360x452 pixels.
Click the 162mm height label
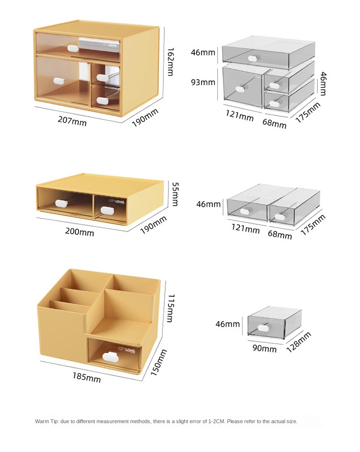(170, 61)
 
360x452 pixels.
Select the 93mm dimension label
(203, 82)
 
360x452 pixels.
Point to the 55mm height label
(175, 194)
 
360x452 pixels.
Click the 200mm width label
(80, 232)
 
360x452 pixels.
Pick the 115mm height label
(171, 308)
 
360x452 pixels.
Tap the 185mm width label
(87, 378)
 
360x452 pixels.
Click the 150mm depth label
(159, 362)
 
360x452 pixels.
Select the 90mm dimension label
(264, 348)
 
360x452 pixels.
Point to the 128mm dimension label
(299, 342)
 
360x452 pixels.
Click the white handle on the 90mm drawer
(264, 328)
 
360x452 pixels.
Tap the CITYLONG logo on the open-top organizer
(126, 350)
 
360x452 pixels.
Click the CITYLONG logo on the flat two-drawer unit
(116, 201)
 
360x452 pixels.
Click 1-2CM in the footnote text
(216, 421)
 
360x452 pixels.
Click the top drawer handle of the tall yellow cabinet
(73, 48)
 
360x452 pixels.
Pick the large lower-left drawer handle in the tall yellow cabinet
(59, 81)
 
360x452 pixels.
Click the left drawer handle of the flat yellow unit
(61, 203)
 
